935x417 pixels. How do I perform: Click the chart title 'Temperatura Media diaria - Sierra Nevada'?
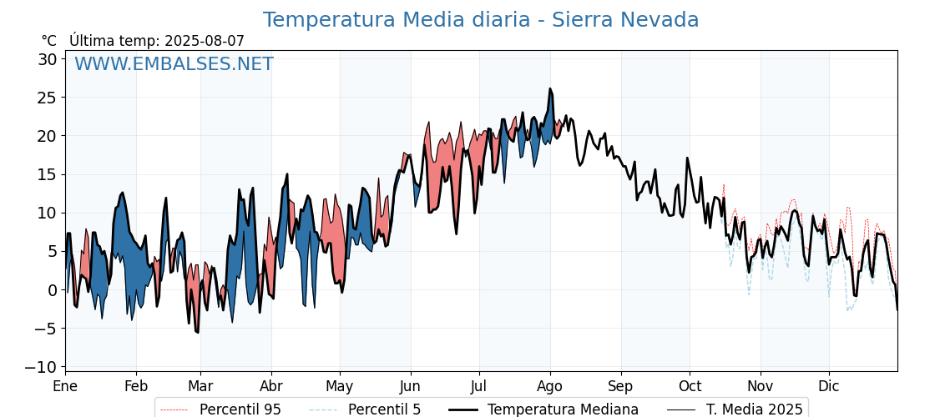click(x=481, y=20)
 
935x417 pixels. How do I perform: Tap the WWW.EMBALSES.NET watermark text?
click(x=174, y=64)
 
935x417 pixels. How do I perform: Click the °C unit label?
click(x=49, y=41)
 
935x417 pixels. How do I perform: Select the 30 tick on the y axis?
click(x=48, y=59)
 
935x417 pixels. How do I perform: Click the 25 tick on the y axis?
click(x=48, y=98)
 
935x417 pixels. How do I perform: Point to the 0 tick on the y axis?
click(x=52, y=290)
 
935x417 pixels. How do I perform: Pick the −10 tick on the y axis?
click(x=43, y=367)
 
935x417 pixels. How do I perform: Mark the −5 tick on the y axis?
click(x=47, y=329)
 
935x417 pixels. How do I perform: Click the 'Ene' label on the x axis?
click(x=65, y=387)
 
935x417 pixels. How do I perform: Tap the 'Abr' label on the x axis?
click(x=271, y=387)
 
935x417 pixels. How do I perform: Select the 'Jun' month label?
click(x=410, y=387)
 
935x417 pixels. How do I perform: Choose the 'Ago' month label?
click(x=550, y=387)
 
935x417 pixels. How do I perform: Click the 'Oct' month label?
click(x=690, y=387)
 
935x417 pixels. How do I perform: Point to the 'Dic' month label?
click(x=829, y=387)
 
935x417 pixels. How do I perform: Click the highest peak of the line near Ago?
click(x=550, y=88)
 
